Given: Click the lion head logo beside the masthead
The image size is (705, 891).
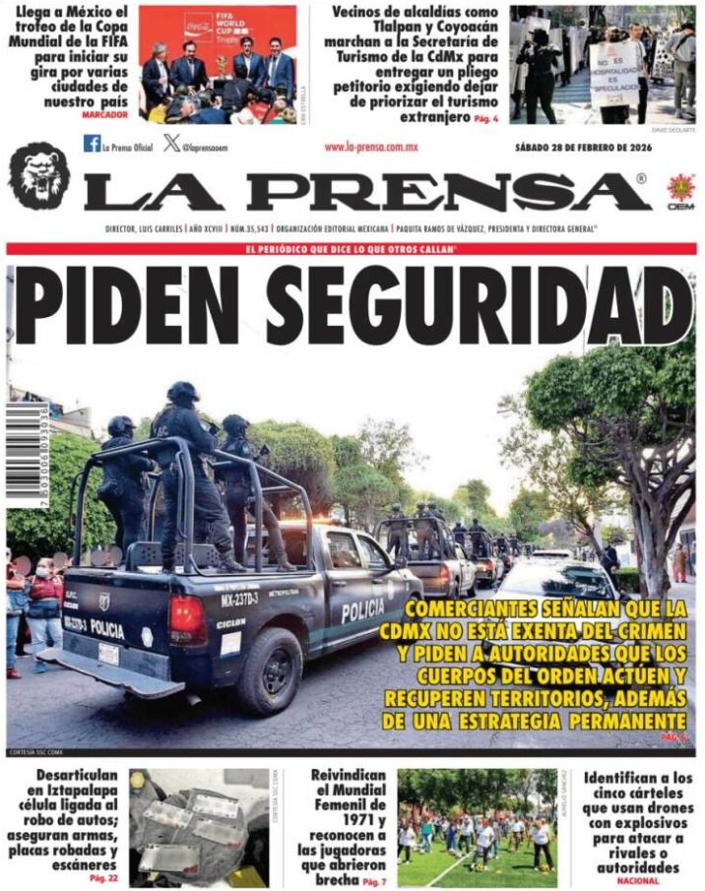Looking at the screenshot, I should tap(38, 175).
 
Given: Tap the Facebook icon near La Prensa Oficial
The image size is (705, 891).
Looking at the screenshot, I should tap(92, 144).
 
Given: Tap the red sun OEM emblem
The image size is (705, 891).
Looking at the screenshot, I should tap(680, 187).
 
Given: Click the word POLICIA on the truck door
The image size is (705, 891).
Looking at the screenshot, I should tap(362, 610).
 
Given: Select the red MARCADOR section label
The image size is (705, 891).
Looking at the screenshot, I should tap(105, 115).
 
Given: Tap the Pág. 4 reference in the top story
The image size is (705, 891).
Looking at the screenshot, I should tap(485, 119).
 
